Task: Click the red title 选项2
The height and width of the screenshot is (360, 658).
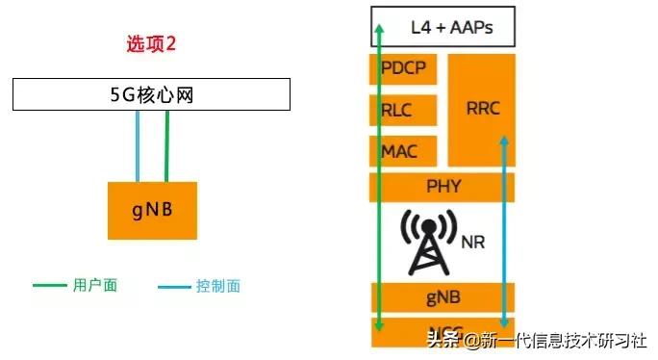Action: (x=152, y=44)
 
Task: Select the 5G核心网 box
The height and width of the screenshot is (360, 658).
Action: (x=151, y=95)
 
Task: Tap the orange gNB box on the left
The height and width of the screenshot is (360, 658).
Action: (x=152, y=210)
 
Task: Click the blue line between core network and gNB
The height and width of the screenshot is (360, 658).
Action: (x=139, y=145)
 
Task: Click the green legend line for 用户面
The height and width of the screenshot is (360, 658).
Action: (x=50, y=286)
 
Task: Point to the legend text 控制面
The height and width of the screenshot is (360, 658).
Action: (x=218, y=286)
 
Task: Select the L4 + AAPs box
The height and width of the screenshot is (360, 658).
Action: (x=443, y=27)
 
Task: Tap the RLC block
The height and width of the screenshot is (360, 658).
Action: (x=396, y=111)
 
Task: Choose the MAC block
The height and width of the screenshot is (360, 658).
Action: (x=399, y=151)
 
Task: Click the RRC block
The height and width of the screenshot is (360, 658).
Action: (x=480, y=108)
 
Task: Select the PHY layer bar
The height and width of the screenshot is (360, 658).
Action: (x=443, y=186)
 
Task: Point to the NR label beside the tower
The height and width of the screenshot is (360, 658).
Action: (x=471, y=243)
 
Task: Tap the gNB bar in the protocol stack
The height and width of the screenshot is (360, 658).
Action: (x=443, y=298)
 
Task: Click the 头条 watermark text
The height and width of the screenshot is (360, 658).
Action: (x=443, y=337)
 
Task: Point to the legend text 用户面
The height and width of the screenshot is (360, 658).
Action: (x=94, y=286)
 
